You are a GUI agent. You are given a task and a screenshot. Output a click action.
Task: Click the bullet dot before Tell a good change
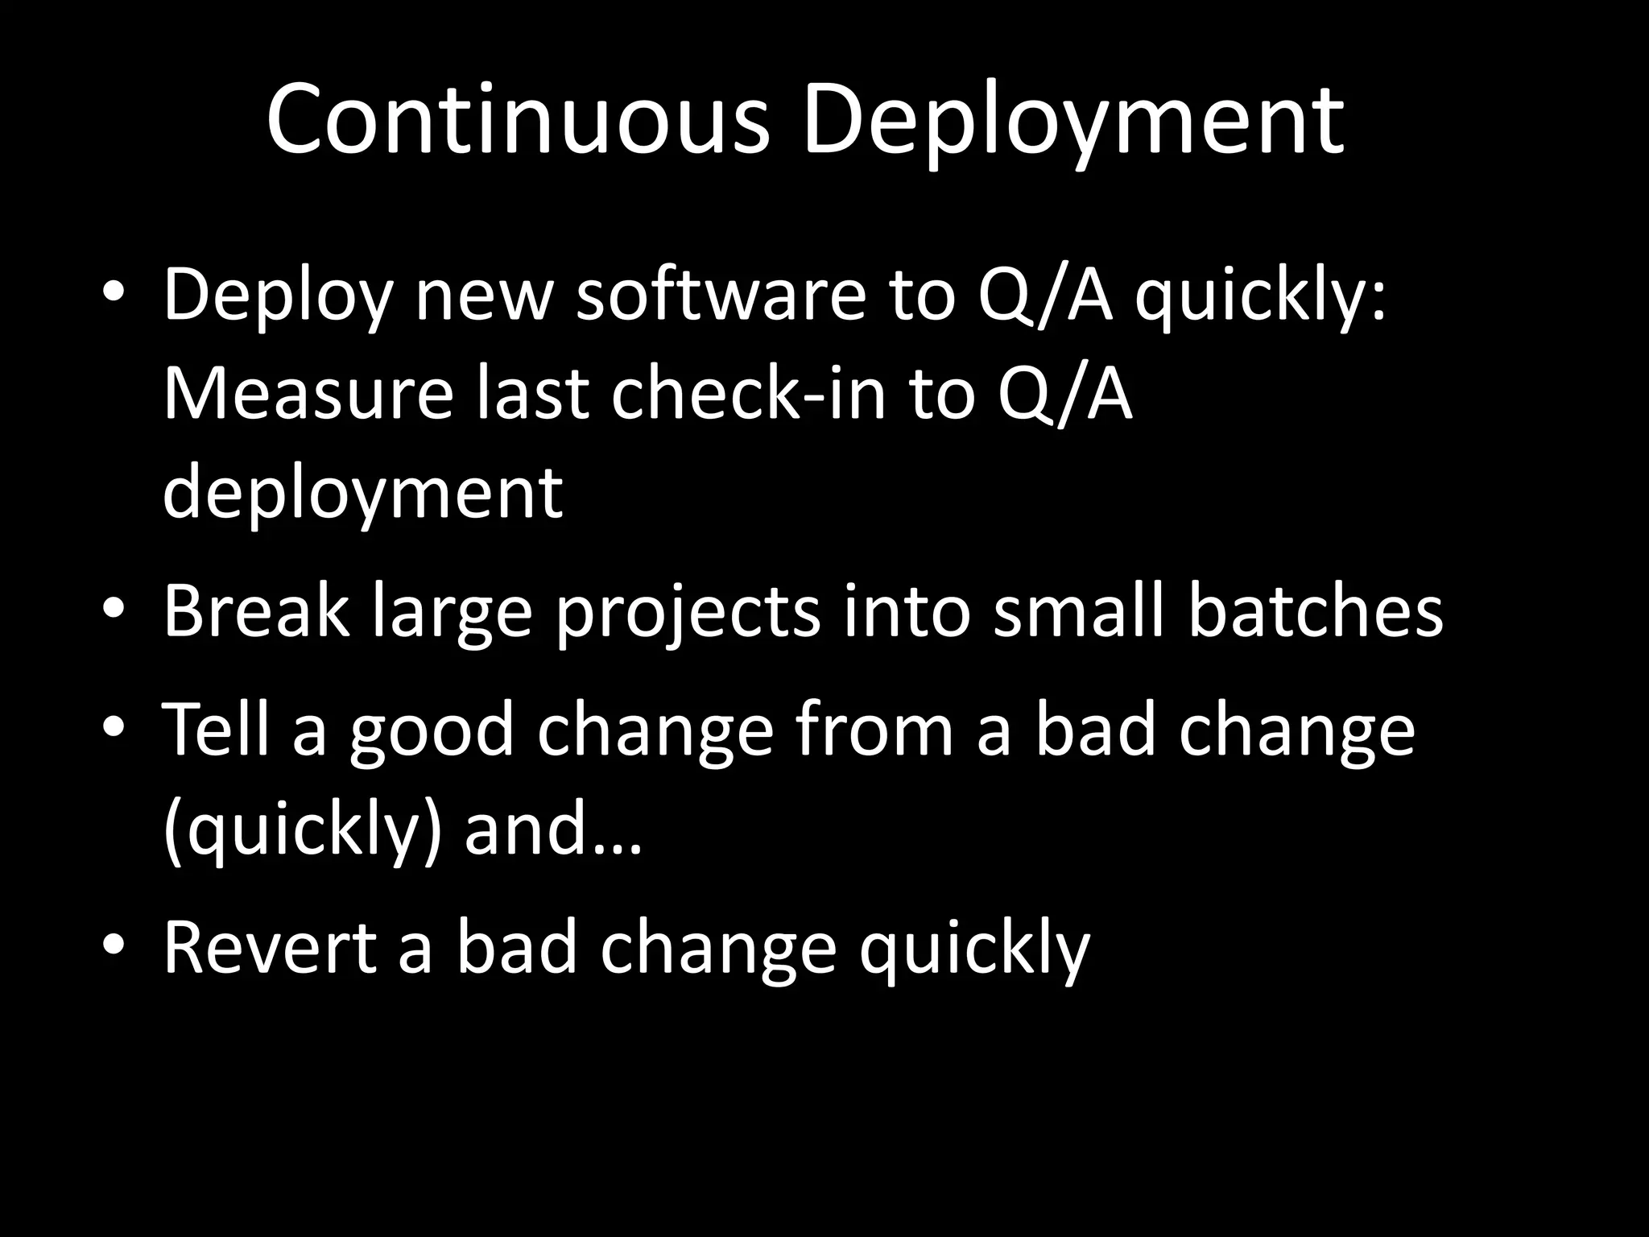click(114, 727)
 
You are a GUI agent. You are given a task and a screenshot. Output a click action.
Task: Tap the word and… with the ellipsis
click(554, 829)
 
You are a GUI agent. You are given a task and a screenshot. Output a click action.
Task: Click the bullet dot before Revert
click(114, 945)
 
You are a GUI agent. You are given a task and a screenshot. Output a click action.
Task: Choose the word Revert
click(270, 948)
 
